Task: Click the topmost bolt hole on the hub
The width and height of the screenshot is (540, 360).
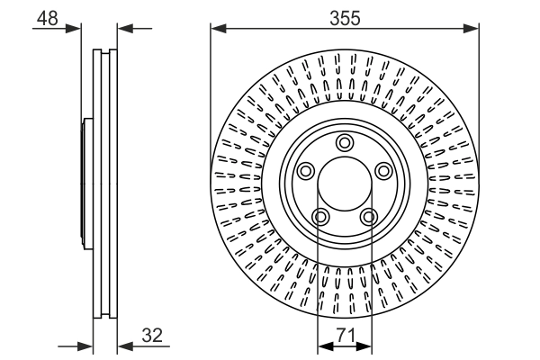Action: pyautogui.click(x=344, y=142)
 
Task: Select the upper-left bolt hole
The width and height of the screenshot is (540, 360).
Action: pyautogui.click(x=304, y=171)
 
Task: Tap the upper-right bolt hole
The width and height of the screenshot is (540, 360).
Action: pyautogui.click(x=383, y=171)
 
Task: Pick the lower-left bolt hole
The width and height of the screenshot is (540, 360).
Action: pyautogui.click(x=319, y=217)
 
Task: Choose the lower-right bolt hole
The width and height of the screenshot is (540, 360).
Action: pyautogui.click(x=368, y=217)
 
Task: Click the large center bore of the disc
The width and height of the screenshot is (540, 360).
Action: pyautogui.click(x=344, y=185)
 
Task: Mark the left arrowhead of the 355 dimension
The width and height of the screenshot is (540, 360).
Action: pyautogui.click(x=217, y=31)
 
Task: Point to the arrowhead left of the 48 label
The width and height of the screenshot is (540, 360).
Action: pyautogui.click(x=76, y=28)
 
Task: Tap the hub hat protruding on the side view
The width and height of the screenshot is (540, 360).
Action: pyautogui.click(x=86, y=184)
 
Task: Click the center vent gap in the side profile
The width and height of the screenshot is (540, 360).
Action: pyautogui.click(x=105, y=184)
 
